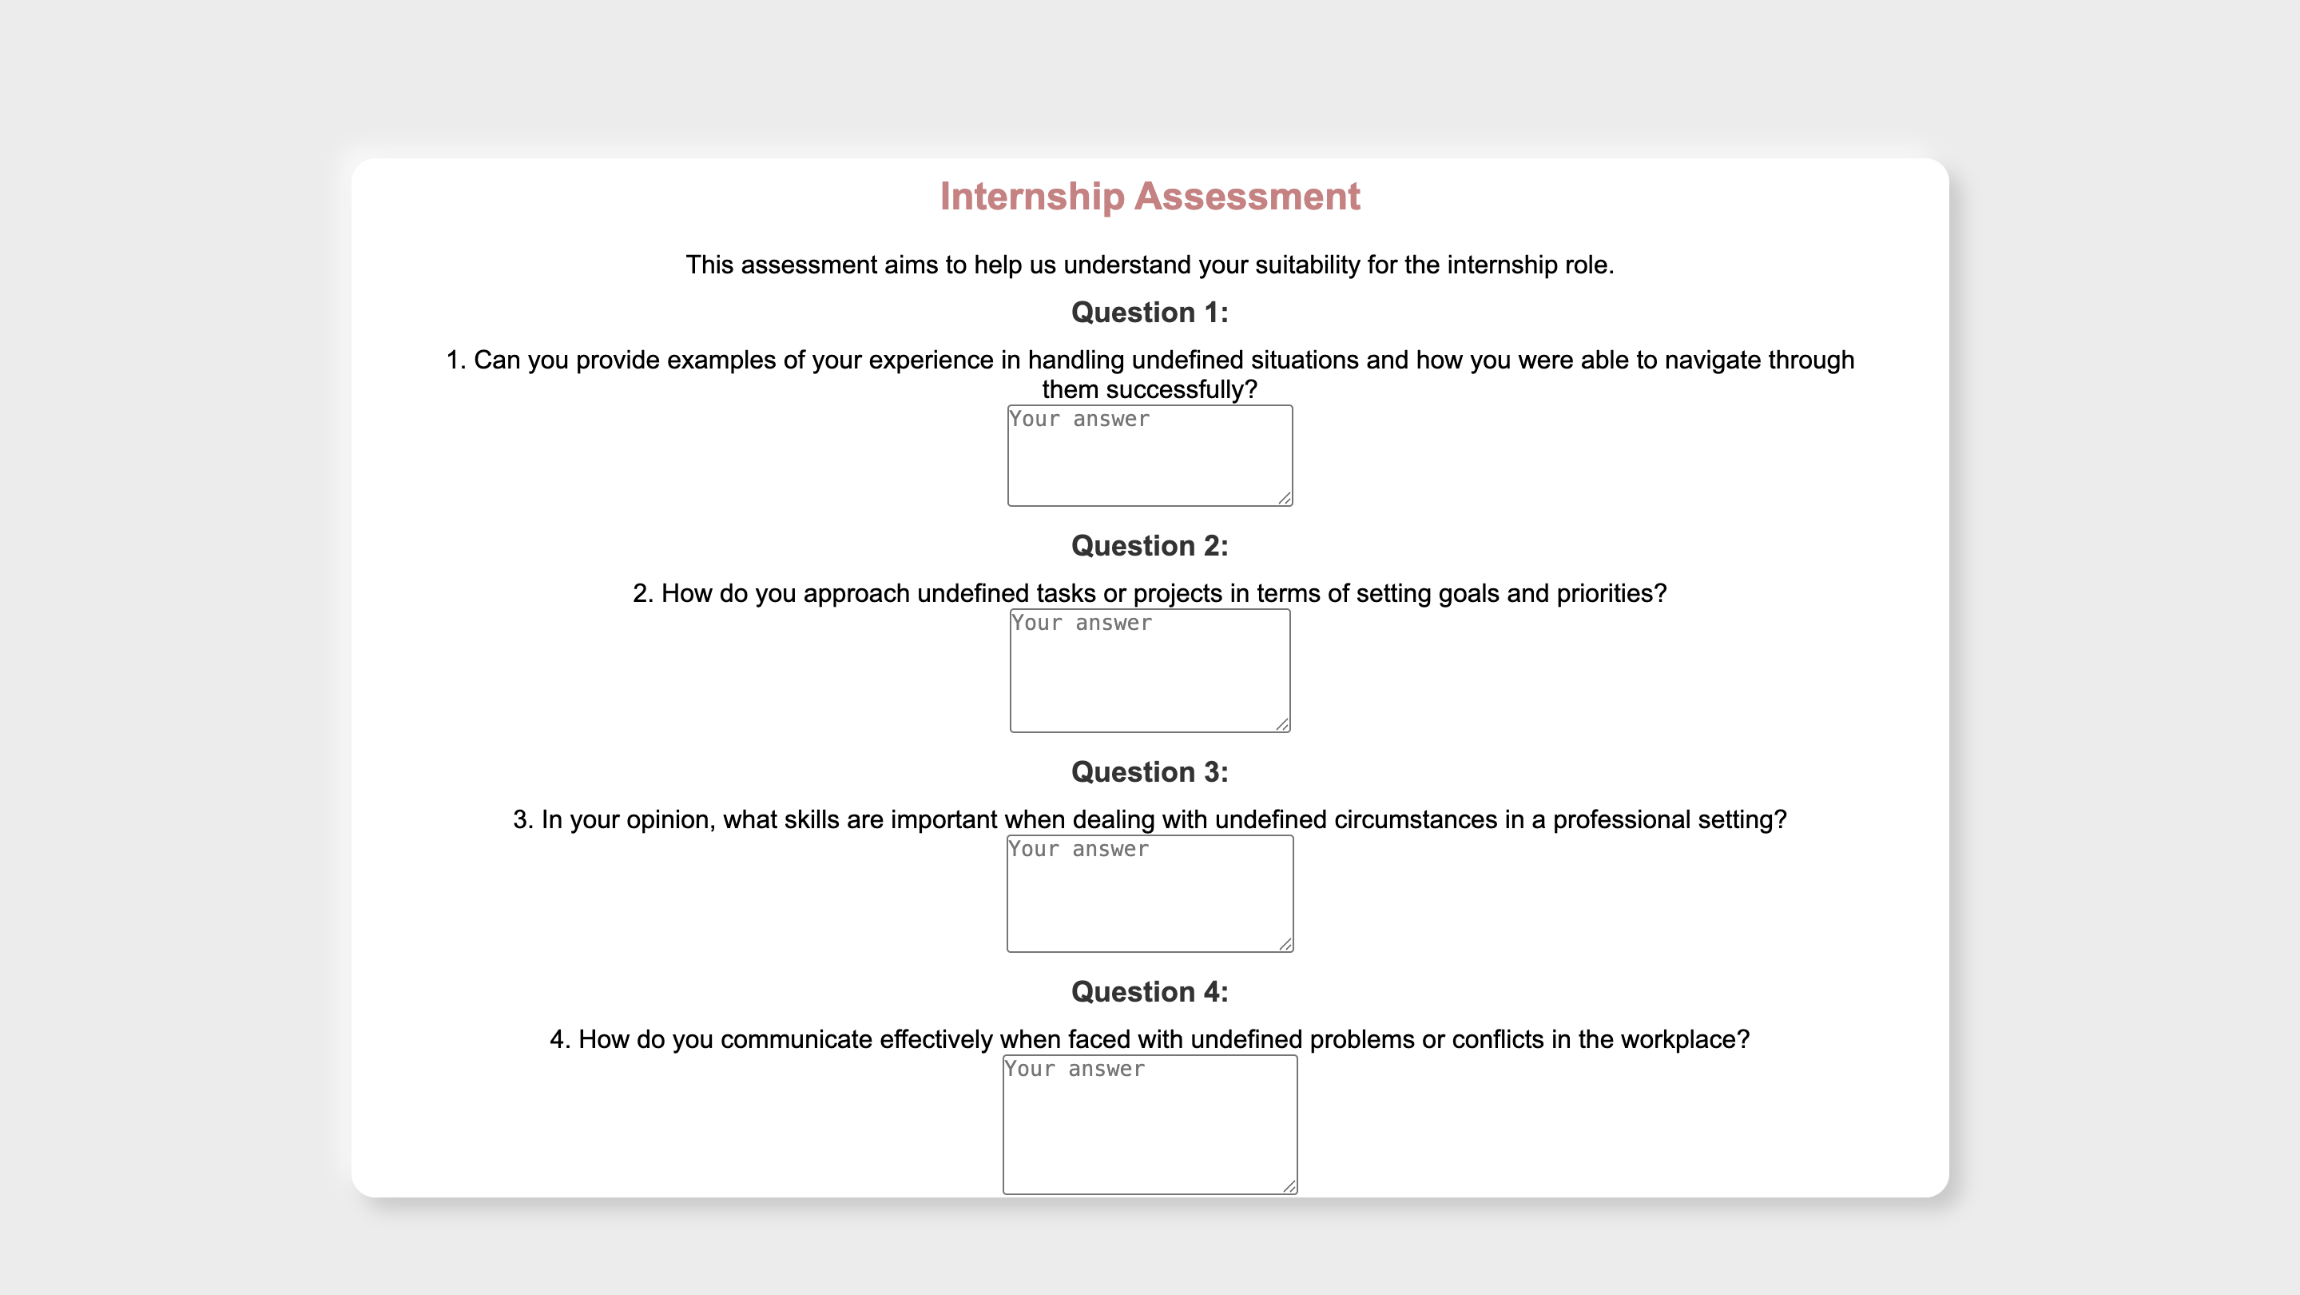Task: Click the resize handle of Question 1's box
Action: point(1285,498)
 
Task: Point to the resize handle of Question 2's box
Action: point(1283,724)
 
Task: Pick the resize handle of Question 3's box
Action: point(1285,944)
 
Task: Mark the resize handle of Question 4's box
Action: point(1289,1186)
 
